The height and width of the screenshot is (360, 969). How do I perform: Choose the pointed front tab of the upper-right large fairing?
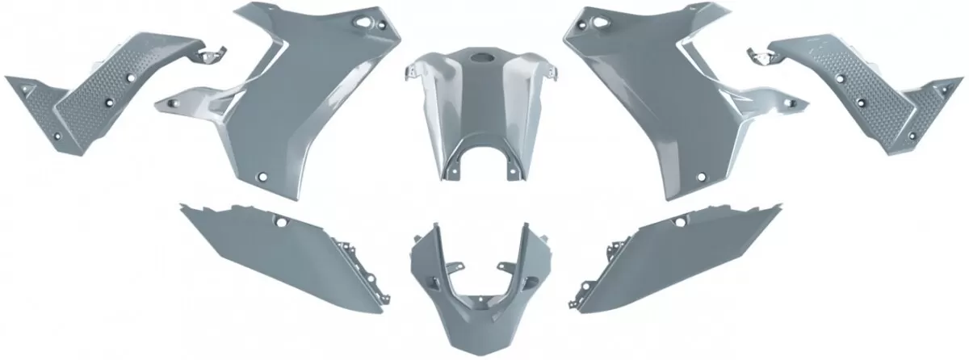(804, 103)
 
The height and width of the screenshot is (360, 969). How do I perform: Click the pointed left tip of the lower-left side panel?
(182, 208)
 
